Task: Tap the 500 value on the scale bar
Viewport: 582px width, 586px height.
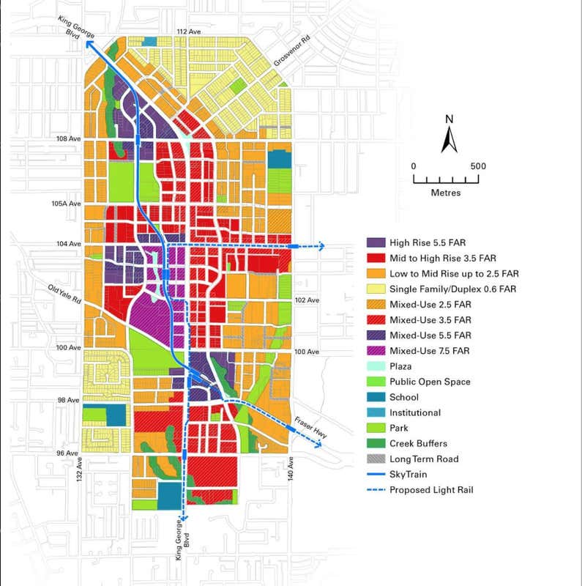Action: coord(477,166)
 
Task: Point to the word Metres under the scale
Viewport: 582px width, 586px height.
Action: coord(446,193)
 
